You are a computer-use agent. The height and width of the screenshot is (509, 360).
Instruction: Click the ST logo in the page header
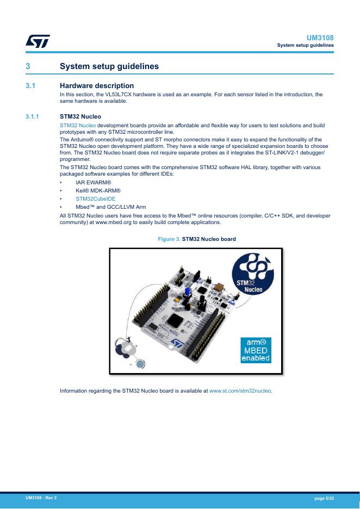point(38,41)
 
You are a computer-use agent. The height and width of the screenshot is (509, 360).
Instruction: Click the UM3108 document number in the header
point(320,38)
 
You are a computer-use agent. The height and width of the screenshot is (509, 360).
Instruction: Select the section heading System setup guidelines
point(109,66)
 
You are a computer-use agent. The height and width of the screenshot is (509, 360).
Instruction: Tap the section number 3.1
point(30,86)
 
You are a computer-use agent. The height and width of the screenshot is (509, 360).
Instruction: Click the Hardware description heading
point(97,86)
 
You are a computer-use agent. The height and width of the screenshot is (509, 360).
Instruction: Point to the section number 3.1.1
point(32,116)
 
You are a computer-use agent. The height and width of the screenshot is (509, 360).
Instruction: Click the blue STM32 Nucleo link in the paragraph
point(78,125)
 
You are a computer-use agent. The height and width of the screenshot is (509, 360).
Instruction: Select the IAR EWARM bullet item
point(94,182)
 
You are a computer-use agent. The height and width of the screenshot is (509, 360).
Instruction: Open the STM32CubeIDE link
point(95,198)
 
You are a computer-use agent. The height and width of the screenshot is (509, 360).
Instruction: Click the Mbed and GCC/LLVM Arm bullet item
point(111,207)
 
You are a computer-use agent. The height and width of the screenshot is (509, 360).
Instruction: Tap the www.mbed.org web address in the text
point(113,222)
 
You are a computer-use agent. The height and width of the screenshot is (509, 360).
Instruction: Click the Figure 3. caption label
point(169,239)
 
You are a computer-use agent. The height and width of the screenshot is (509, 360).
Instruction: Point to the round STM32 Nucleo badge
point(252,274)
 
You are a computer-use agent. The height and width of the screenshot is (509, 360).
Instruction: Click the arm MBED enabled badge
point(256,350)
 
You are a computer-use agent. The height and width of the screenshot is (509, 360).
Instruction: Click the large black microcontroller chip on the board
point(176,320)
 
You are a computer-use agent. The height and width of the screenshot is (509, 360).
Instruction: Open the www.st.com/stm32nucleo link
point(240,391)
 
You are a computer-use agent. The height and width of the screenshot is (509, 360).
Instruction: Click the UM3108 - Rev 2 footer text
point(41,498)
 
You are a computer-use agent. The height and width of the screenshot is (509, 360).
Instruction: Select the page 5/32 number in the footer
point(324,498)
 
